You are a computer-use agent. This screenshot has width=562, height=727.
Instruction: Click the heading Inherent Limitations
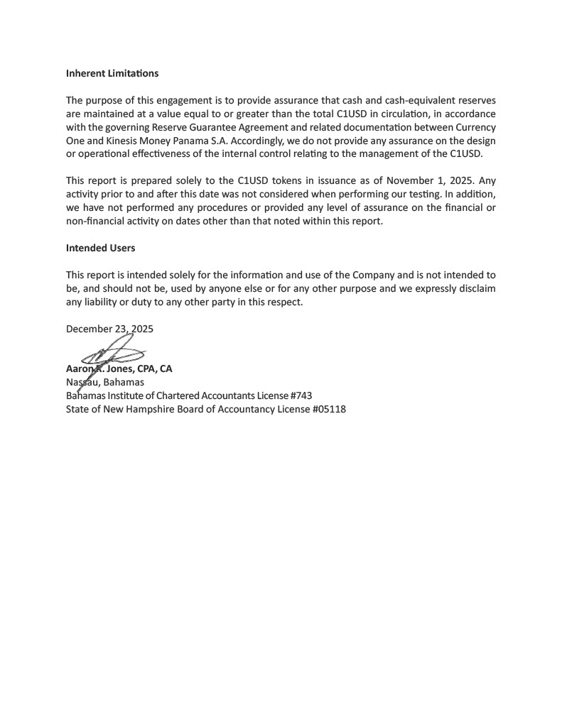click(x=112, y=73)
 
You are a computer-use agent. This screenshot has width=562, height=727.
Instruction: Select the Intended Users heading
click(x=100, y=248)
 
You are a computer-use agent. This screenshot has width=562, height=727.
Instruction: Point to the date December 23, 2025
click(x=109, y=329)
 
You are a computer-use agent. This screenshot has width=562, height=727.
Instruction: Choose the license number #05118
click(x=328, y=409)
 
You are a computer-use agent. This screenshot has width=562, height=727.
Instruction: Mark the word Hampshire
click(x=172, y=409)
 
